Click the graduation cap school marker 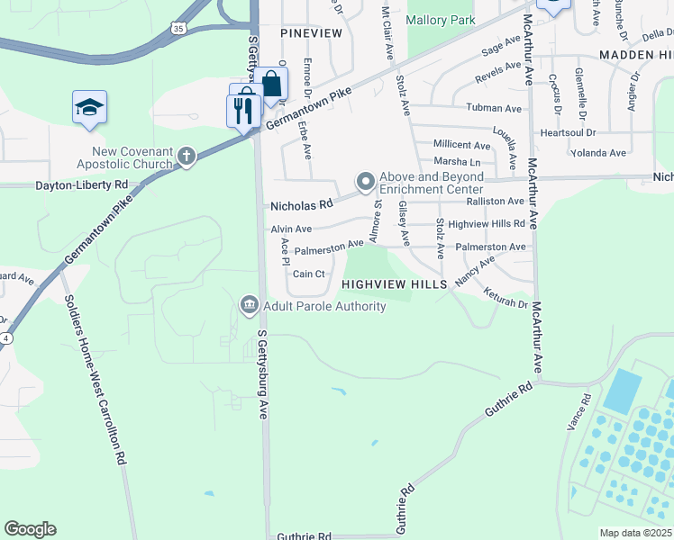[x=90, y=108]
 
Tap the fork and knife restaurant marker [x=242, y=111]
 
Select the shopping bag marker [x=270, y=85]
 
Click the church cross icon [x=187, y=157]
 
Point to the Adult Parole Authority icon [x=248, y=306]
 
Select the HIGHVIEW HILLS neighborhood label [x=395, y=284]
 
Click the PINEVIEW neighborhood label [x=312, y=32]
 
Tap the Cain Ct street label [x=308, y=274]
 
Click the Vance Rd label [x=587, y=410]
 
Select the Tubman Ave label [x=494, y=108]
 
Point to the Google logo [x=30, y=529]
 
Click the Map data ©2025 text [x=635, y=533]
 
